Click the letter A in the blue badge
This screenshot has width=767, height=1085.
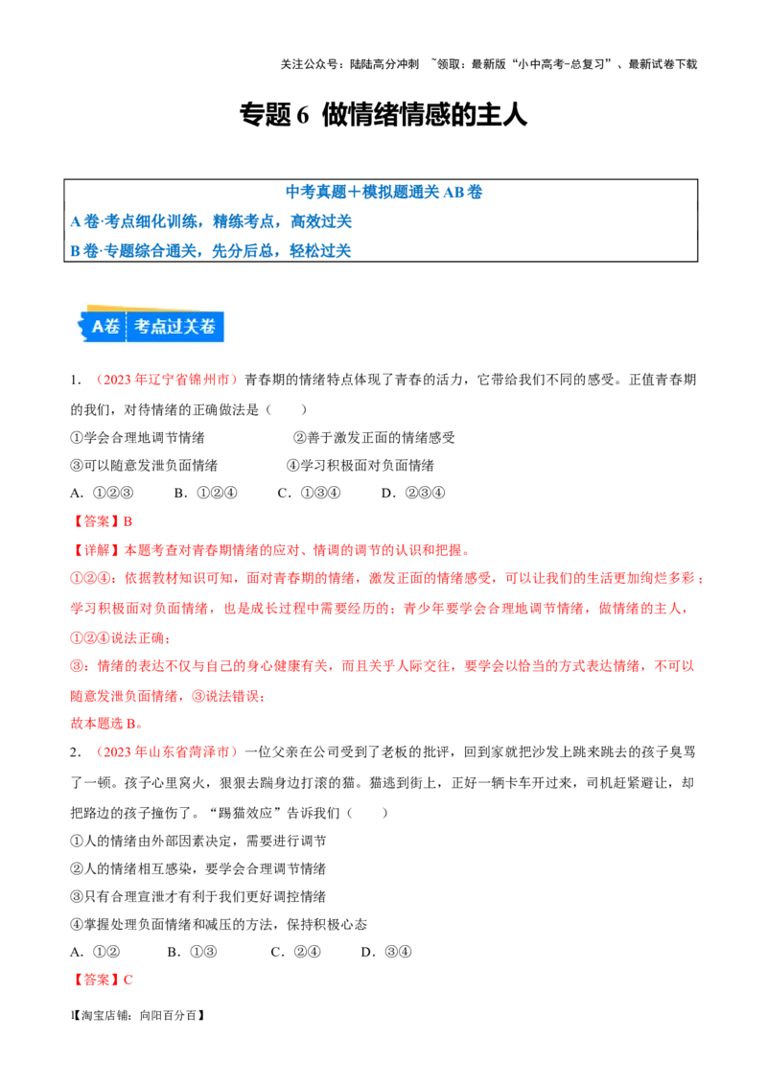coord(98,326)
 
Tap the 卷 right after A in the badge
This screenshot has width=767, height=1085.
coord(113,326)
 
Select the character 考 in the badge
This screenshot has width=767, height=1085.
coord(143,326)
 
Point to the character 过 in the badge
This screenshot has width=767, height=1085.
coord(177,326)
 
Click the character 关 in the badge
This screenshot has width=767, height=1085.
coord(195,326)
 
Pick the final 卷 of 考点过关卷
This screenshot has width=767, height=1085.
coord(212,326)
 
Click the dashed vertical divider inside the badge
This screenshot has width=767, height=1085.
coord(127,326)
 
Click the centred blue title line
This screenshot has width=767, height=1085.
coord(383,191)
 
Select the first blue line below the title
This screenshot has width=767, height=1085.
coord(211,221)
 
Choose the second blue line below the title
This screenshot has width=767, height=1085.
coord(211,250)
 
